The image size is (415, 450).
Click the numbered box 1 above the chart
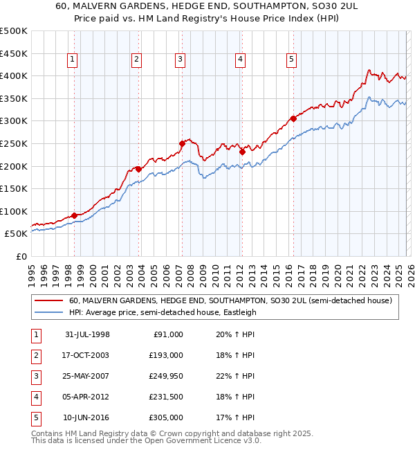point(73,60)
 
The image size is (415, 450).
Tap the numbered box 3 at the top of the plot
point(180,60)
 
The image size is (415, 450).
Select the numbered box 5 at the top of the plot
point(291,60)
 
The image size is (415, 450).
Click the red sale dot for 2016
point(293,118)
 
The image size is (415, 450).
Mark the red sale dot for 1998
point(75,215)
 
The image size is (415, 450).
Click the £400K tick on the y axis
point(14,75)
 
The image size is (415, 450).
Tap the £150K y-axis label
point(14,188)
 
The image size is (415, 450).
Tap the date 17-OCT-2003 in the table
point(87,354)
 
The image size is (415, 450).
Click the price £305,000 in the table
point(166,417)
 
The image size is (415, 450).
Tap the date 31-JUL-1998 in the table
point(87,334)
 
